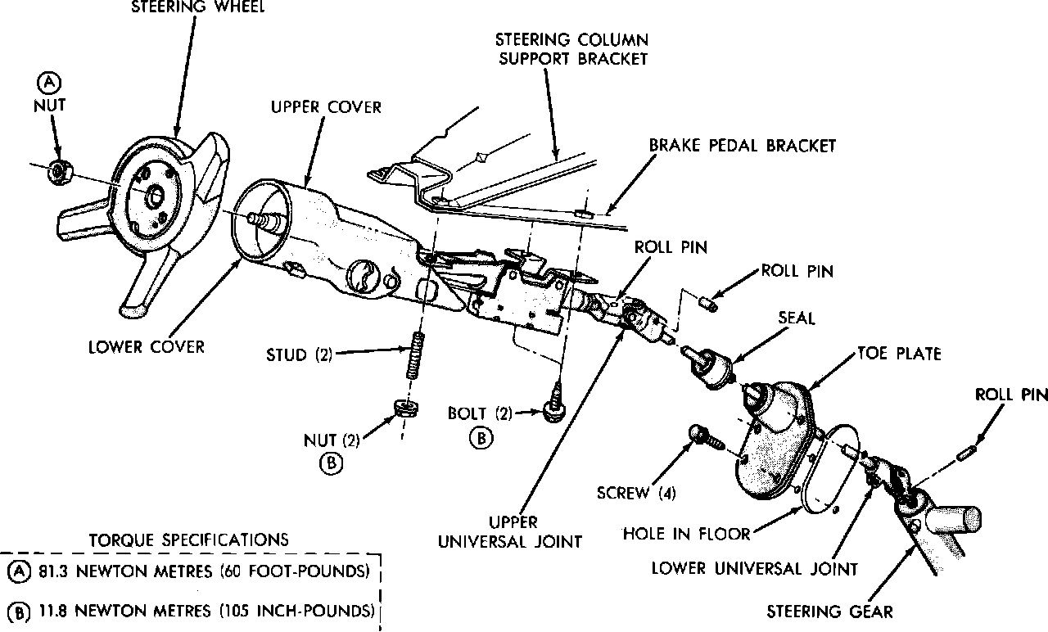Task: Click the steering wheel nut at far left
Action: (x=58, y=171)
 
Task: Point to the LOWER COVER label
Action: (x=147, y=346)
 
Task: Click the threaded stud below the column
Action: (x=415, y=357)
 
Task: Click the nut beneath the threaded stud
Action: (x=404, y=406)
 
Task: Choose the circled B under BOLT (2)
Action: (x=481, y=437)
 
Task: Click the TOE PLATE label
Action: (x=899, y=354)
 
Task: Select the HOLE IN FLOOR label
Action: (x=687, y=534)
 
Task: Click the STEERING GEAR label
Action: (x=829, y=611)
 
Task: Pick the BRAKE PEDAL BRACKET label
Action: (x=742, y=146)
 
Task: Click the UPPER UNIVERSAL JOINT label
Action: (x=511, y=531)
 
